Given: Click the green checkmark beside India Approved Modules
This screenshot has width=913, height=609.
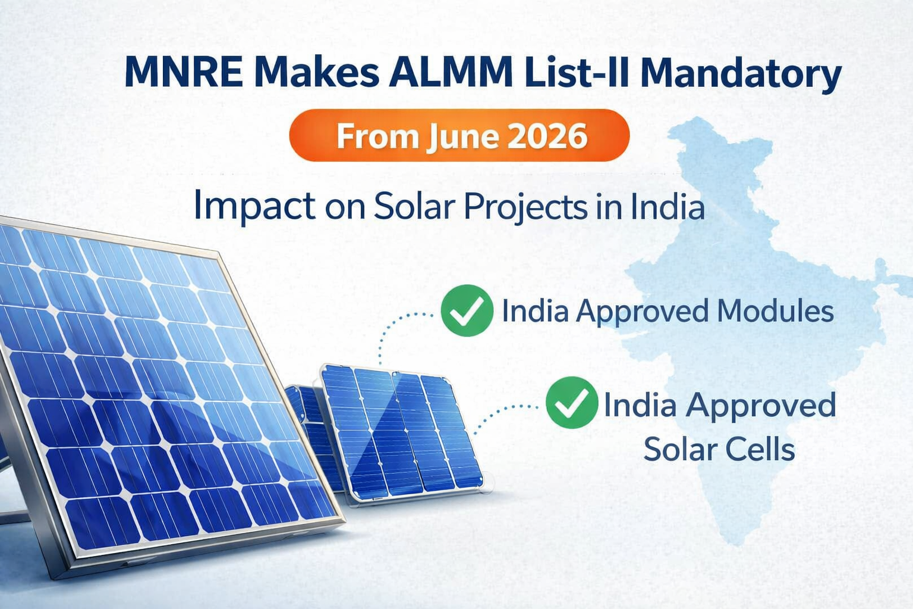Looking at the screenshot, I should click(467, 310).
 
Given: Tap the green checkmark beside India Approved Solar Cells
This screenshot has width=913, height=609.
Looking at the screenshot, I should click(571, 403).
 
